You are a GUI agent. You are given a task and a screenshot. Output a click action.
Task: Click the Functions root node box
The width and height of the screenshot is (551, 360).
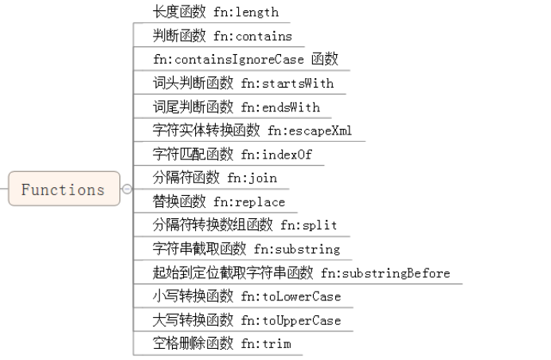(64, 190)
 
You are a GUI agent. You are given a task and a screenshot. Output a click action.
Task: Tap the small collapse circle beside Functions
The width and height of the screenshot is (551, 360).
(127, 190)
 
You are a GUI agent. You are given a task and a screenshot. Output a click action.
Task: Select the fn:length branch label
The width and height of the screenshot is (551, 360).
(247, 12)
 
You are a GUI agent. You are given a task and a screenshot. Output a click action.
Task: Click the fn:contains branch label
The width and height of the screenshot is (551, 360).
(252, 36)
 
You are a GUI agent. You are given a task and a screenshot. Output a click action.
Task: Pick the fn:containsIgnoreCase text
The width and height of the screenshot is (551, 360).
(227, 60)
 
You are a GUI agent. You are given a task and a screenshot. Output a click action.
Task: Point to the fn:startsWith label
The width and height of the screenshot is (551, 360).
(287, 83)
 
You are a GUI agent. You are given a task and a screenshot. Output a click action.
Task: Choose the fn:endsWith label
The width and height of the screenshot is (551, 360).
(280, 107)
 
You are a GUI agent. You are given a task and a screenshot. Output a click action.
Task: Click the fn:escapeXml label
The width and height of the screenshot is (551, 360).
(310, 131)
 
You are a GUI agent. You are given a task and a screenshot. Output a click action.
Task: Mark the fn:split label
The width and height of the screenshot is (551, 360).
(309, 225)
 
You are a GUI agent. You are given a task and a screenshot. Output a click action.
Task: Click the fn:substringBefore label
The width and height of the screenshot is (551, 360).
(386, 273)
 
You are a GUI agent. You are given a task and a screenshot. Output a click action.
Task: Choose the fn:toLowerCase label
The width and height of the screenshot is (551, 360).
(291, 296)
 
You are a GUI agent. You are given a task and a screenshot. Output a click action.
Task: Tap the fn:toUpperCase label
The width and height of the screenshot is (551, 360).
(291, 320)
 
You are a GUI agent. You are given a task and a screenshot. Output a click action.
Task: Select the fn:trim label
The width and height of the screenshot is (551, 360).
(266, 344)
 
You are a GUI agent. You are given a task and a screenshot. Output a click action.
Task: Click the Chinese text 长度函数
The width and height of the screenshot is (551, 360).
(180, 12)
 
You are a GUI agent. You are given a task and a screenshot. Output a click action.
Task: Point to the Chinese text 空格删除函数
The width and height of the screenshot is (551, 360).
(193, 344)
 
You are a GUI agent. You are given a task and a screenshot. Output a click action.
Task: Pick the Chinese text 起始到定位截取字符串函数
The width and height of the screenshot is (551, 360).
(233, 273)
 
